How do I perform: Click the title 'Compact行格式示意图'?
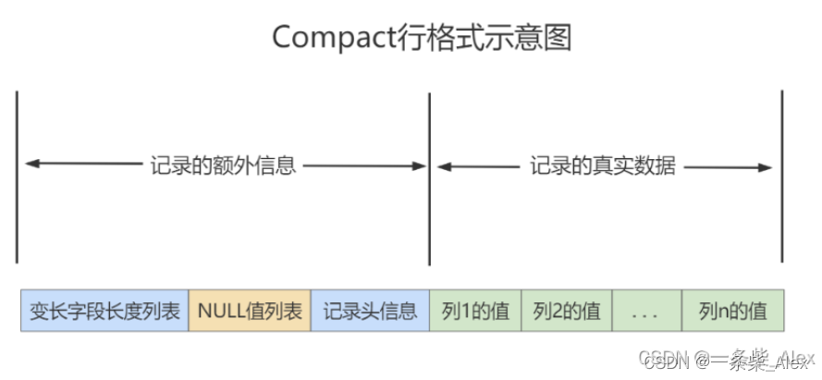click(x=422, y=38)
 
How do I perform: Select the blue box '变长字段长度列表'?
click(x=104, y=311)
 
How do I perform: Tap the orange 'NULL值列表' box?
click(x=250, y=311)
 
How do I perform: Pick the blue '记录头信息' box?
click(x=370, y=311)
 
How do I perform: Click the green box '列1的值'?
click(x=475, y=311)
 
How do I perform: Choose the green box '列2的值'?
click(x=566, y=311)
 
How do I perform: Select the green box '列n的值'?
click(x=732, y=311)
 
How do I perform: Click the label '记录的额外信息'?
click(x=223, y=166)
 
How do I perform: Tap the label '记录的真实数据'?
click(x=603, y=166)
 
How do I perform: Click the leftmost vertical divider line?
click(x=17, y=176)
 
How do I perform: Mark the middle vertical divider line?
click(x=430, y=176)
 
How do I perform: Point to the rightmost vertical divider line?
click(x=782, y=176)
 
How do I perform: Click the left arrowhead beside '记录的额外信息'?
click(x=30, y=165)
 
